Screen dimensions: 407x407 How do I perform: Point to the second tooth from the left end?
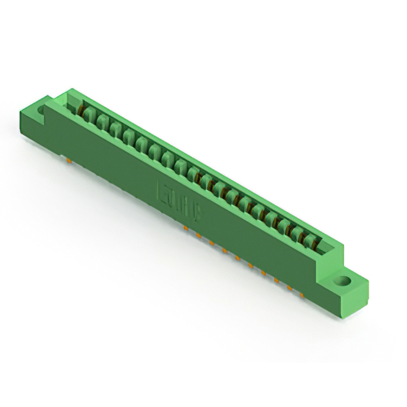[102, 123]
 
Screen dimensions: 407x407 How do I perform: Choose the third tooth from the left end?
[115, 130]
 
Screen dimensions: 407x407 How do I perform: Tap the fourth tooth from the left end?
[128, 137]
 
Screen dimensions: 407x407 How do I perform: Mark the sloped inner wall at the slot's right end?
[329, 248]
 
